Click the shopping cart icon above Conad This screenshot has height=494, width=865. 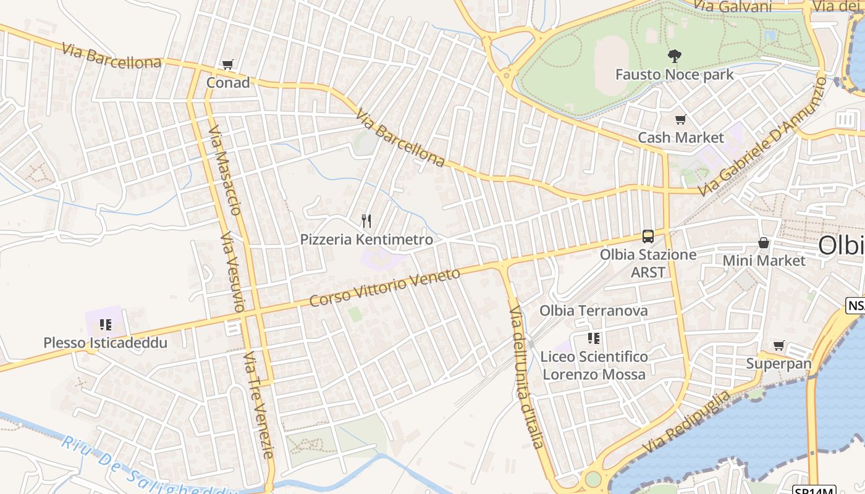(227, 64)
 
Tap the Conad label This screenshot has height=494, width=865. (228, 82)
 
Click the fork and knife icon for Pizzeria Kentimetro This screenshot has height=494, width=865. (366, 220)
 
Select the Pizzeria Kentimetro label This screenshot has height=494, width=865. (366, 239)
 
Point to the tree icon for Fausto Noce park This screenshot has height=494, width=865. (674, 56)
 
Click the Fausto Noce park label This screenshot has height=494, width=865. (674, 75)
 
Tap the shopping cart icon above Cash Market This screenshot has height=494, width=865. (680, 119)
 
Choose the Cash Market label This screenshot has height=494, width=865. (680, 137)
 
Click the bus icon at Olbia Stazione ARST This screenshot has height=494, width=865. (648, 236)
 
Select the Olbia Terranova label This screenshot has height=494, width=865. (594, 310)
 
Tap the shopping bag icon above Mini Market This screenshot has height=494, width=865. (764, 243)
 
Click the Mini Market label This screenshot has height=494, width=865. (764, 261)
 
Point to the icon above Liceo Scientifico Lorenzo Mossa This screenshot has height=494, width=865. (594, 338)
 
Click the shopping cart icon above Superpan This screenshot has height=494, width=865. (778, 346)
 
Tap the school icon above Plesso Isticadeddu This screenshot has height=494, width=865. (105, 324)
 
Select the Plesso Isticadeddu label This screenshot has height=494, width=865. (105, 342)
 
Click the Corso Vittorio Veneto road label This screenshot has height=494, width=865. (385, 287)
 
